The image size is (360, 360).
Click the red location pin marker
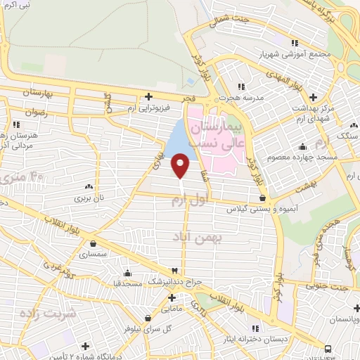pos(181,165)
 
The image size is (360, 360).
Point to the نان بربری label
pos(89,198)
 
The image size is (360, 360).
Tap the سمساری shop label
pos(94,252)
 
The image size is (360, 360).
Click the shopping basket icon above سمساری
pos(94,243)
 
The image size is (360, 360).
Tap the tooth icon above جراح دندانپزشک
pos(174,271)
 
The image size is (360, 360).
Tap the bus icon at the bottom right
pos(329,347)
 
